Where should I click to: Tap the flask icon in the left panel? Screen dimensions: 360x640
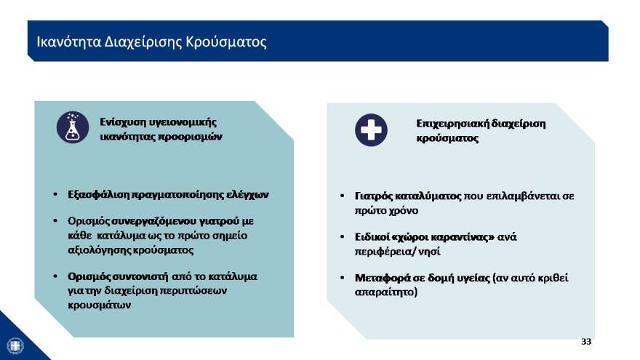pyautogui.click(x=73, y=127)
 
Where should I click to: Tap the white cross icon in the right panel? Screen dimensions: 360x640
pyautogui.click(x=371, y=130)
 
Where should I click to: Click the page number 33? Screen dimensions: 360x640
pyautogui.click(x=586, y=341)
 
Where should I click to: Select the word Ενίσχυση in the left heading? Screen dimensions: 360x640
pyautogui.click(x=121, y=121)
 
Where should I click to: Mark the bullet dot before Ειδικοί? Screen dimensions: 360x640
pyautogui.click(x=343, y=237)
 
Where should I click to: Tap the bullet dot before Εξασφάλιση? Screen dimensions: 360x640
pyautogui.click(x=56, y=196)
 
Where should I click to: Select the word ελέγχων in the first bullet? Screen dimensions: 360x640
pyautogui.click(x=249, y=195)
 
